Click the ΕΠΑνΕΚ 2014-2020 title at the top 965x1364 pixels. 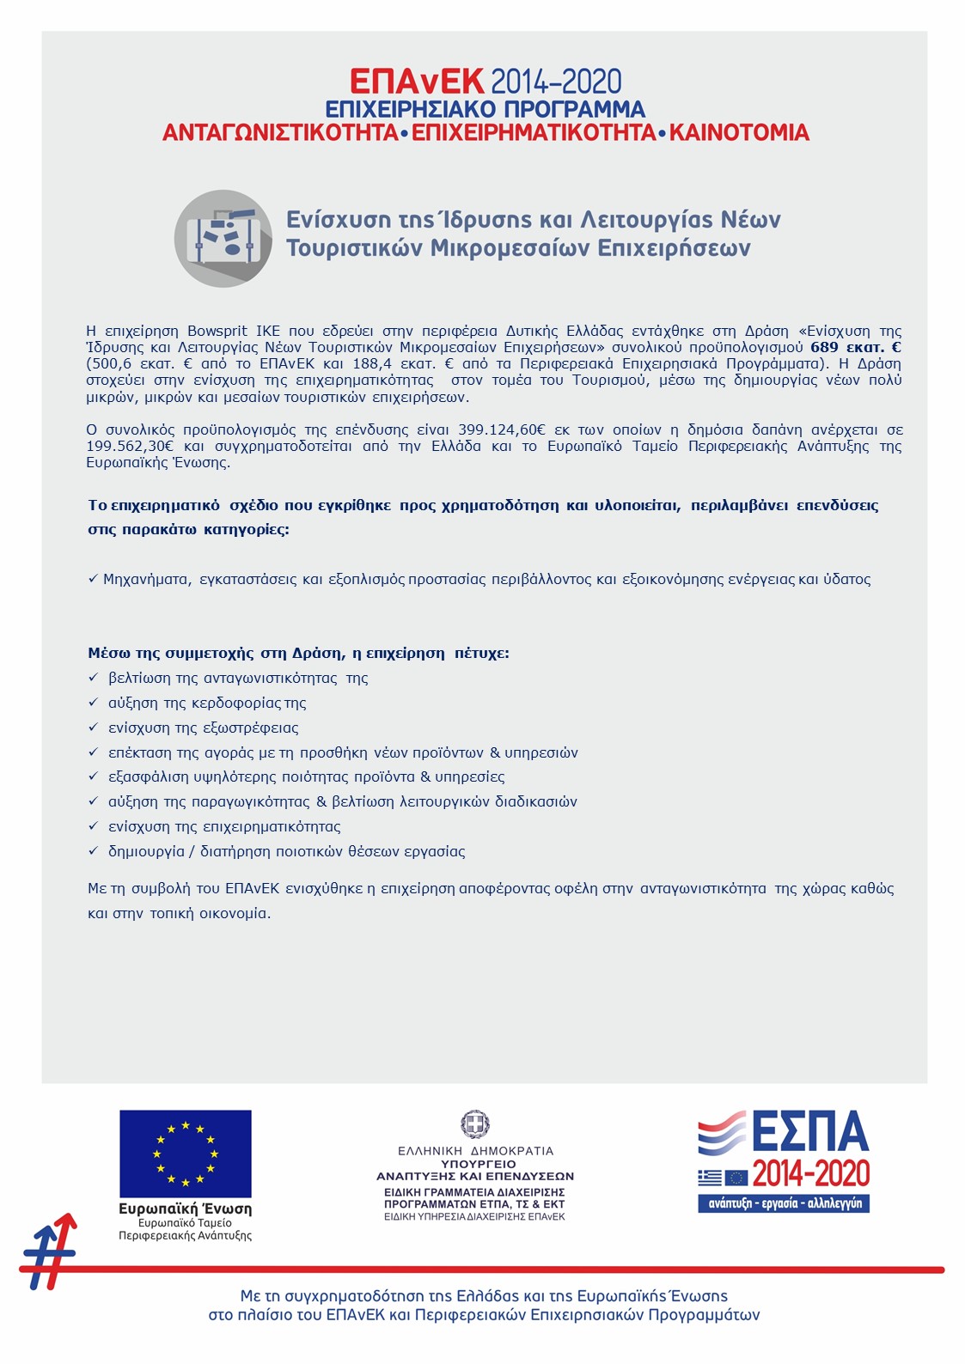[x=486, y=82]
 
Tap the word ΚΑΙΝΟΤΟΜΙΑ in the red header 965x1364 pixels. [x=739, y=133]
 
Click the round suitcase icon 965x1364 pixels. [x=223, y=238]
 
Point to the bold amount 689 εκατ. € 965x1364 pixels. [x=856, y=347]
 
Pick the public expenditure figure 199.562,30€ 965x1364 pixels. [x=130, y=446]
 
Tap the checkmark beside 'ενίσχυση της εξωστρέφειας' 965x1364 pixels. [x=94, y=728]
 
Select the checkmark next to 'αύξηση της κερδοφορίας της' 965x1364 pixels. [x=94, y=703]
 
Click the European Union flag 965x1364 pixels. [x=186, y=1154]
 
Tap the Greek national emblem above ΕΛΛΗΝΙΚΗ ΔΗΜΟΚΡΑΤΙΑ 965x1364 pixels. [x=475, y=1123]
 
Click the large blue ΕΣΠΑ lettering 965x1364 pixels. [x=810, y=1131]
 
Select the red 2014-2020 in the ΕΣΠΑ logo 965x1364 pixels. [x=811, y=1173]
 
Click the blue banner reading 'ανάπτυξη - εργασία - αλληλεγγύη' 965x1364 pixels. [x=784, y=1203]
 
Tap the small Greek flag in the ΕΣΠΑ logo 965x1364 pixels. [x=710, y=1177]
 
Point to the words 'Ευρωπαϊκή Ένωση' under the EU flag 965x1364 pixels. [x=186, y=1209]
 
